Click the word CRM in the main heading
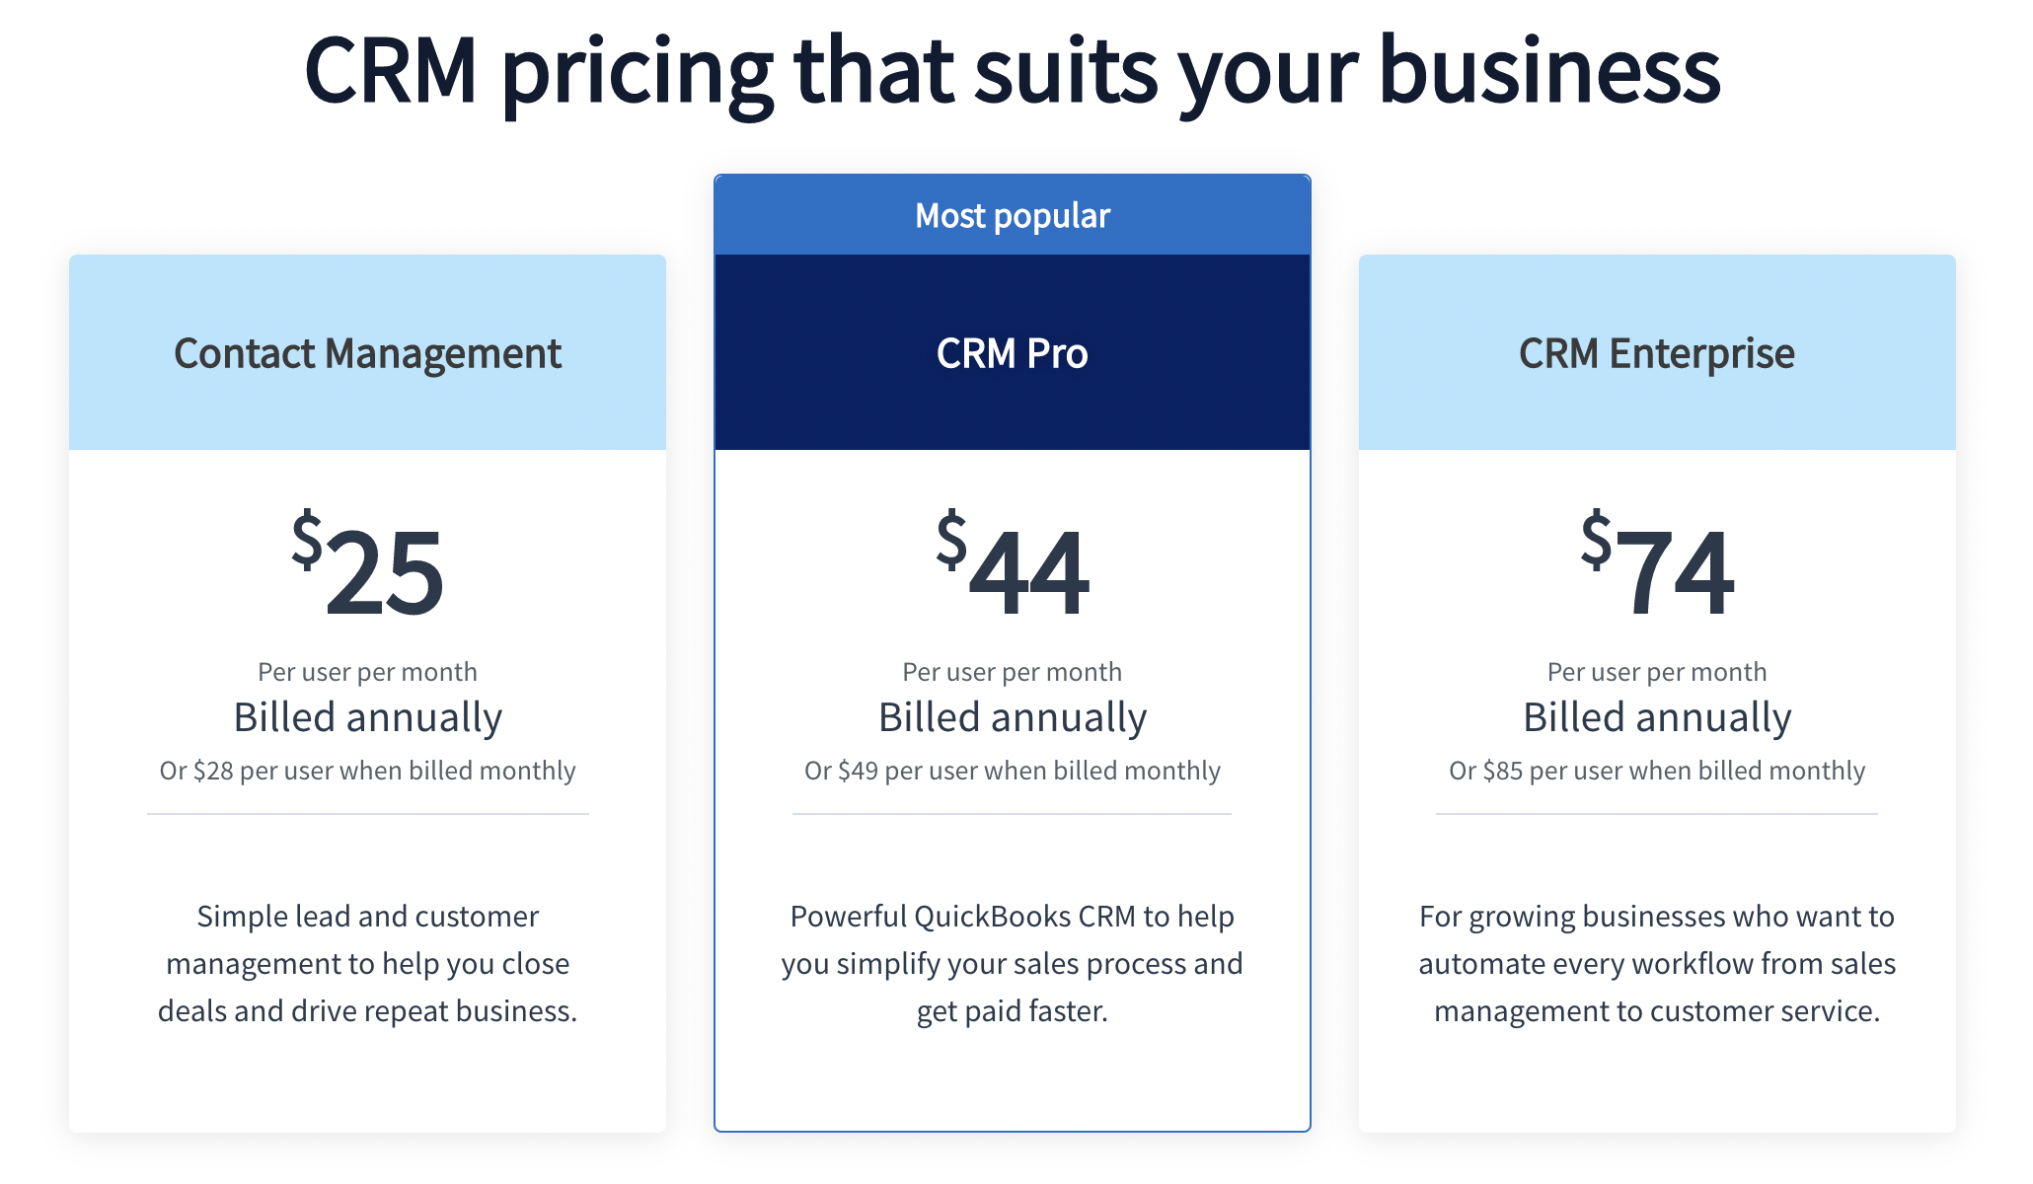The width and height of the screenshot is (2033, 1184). point(391,71)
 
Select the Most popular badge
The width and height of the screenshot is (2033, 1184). point(1013,216)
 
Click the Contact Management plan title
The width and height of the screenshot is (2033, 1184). point(367,353)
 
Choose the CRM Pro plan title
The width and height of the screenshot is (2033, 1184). point(1013,353)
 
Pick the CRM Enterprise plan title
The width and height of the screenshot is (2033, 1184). point(1657,353)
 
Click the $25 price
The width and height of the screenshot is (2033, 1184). point(368,567)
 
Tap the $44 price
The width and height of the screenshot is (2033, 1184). point(1014,567)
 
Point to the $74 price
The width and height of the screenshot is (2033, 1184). point(1658,567)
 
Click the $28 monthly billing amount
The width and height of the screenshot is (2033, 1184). point(213,771)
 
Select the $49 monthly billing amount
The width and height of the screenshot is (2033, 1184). point(858,771)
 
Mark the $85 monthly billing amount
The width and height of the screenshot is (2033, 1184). point(1502,771)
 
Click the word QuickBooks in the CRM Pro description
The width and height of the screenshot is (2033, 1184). point(992,917)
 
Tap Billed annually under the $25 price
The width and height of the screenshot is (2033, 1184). point(368,717)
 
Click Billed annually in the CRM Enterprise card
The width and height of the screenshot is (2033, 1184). point(1657,717)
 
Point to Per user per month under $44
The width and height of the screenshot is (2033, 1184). point(1013,672)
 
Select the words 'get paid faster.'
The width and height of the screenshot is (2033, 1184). point(1013,1011)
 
